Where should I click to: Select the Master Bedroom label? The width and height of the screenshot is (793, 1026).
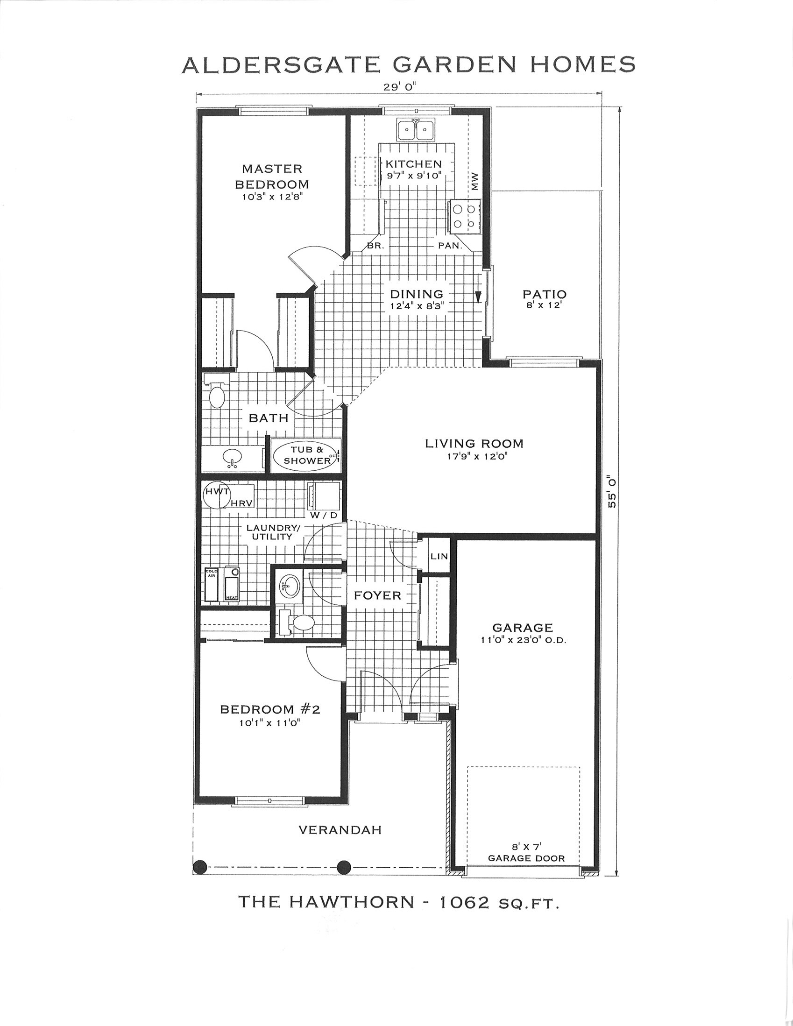pos(272,176)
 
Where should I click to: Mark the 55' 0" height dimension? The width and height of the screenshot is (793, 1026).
pos(612,491)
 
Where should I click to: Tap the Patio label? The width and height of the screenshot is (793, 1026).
pos(545,295)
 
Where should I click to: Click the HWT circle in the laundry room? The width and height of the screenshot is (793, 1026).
pos(217,495)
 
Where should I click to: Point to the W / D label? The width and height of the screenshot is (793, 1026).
pos(323,515)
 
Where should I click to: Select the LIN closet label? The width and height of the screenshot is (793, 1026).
pos(439,556)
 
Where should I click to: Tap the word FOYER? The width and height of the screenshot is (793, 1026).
pos(378,596)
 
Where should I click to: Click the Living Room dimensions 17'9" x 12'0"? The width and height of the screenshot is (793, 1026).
pos(474,456)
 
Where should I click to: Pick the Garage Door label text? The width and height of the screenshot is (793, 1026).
pos(526,858)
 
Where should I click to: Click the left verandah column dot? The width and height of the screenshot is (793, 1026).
pos(200,866)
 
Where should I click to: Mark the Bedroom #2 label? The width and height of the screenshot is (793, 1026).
pos(270,709)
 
